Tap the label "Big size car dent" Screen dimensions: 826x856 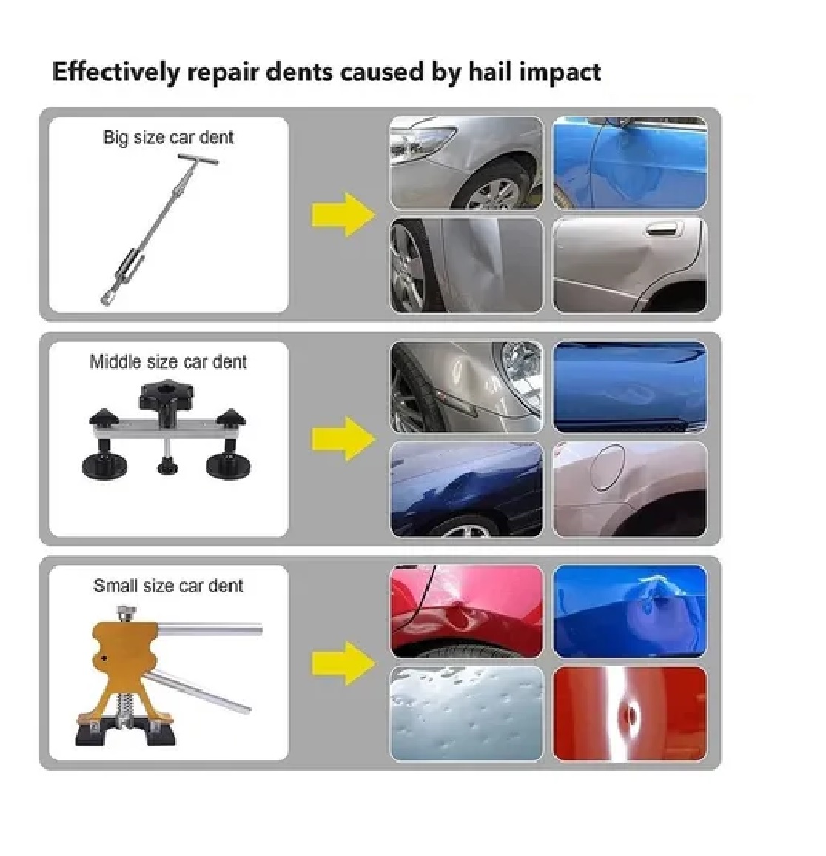tap(168, 137)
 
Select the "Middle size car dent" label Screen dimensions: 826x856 tap(168, 361)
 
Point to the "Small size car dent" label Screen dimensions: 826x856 tap(168, 586)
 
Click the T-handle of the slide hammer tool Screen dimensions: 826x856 tap(198, 159)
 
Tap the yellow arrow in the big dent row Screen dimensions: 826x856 tap(343, 214)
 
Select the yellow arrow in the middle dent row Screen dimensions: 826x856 tap(343, 438)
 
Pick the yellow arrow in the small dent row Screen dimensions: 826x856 tap(343, 663)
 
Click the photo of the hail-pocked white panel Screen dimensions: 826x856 tap(466, 713)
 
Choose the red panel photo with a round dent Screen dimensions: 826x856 tap(630, 713)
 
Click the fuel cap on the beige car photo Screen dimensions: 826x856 tap(607, 467)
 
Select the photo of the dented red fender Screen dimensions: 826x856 tap(466, 611)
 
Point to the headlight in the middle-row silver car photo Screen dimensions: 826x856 tap(520, 363)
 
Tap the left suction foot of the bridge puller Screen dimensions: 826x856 tap(104, 466)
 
